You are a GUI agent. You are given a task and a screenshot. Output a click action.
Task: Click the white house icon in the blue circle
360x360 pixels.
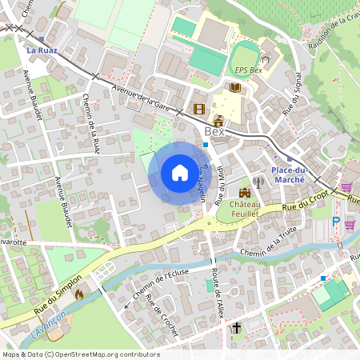[x=180, y=173]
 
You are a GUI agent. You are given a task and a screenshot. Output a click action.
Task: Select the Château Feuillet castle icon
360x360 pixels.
[x=244, y=193]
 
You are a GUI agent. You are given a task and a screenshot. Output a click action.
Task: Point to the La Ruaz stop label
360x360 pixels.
[x=42, y=50]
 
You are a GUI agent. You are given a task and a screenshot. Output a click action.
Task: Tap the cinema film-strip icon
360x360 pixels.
[x=198, y=108]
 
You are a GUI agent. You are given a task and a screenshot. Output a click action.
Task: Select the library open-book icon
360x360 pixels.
[x=235, y=87]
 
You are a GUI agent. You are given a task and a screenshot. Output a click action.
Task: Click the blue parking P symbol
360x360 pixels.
[x=336, y=222]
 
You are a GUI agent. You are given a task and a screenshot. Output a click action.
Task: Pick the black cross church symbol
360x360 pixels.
[x=236, y=328]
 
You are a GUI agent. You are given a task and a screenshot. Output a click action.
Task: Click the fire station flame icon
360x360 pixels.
[x=78, y=294]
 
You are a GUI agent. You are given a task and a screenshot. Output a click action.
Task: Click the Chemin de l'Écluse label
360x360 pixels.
[x=160, y=286]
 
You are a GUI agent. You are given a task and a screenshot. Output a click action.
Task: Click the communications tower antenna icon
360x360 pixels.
[x=258, y=182]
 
